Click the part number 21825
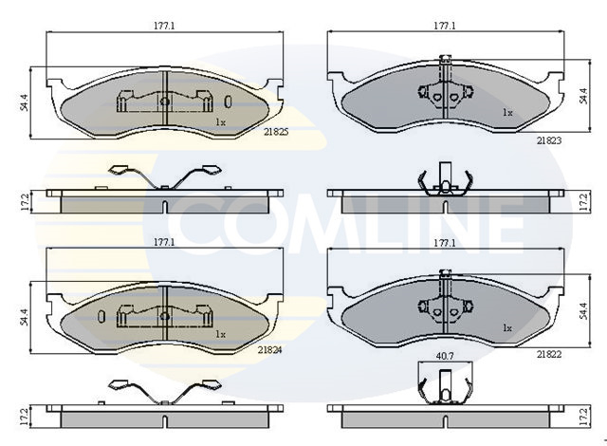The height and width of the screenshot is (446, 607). pyautogui.click(x=276, y=132)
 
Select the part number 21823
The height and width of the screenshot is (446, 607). pyautogui.click(x=549, y=140)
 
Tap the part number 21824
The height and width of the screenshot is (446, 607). pyautogui.click(x=269, y=349)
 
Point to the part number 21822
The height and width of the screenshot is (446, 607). pyautogui.click(x=549, y=354)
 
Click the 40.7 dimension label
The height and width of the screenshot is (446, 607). pyautogui.click(x=445, y=356)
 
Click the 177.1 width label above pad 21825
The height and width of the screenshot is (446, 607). pyautogui.click(x=164, y=26)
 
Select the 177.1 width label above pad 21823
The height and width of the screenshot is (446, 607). pyautogui.click(x=445, y=26)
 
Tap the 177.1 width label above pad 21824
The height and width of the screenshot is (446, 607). pyautogui.click(x=164, y=242)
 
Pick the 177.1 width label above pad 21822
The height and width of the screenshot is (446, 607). pyautogui.click(x=445, y=243)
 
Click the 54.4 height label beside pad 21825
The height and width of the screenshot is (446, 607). pyautogui.click(x=25, y=102)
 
